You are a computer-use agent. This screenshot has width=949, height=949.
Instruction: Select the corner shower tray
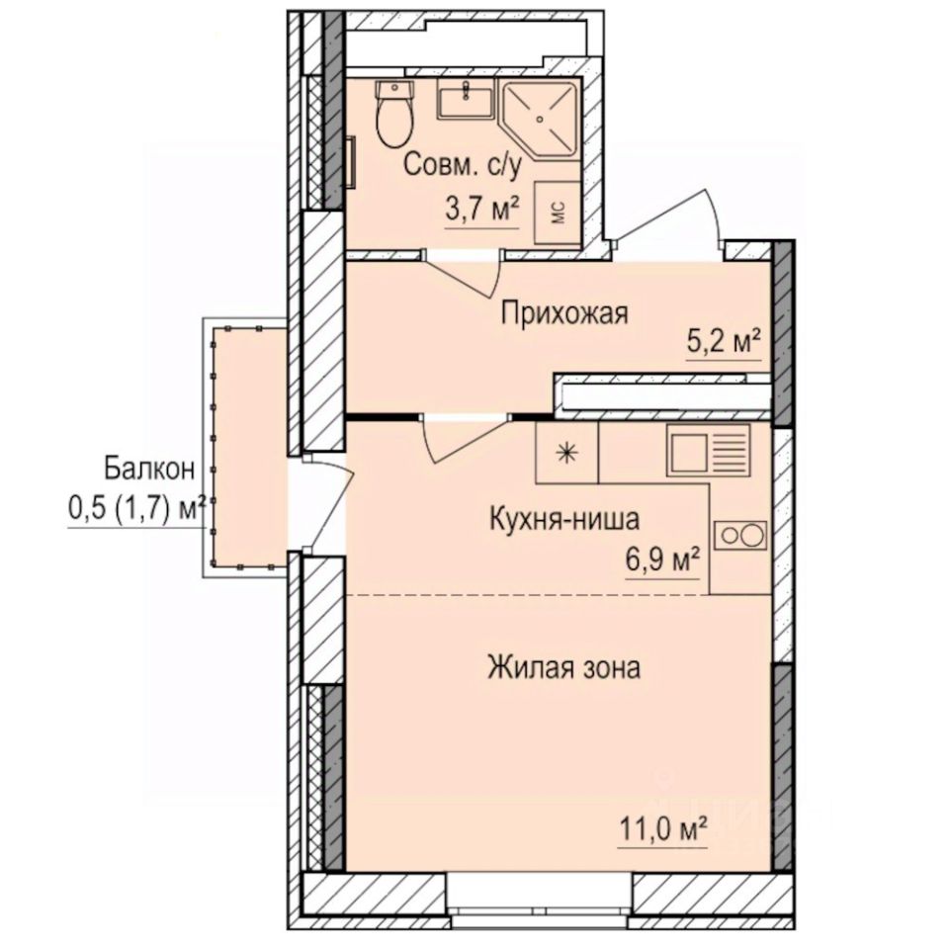click(x=540, y=119)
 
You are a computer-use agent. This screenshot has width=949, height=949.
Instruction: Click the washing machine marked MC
click(x=558, y=213)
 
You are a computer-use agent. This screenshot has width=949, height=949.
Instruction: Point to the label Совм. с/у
click(x=462, y=165)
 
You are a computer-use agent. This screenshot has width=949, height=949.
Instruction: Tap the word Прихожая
click(x=564, y=314)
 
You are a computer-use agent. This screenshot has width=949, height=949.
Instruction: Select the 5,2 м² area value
click(x=724, y=342)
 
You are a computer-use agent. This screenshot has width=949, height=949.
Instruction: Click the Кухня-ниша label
click(x=564, y=519)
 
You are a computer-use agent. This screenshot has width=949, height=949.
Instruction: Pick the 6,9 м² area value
click(x=662, y=561)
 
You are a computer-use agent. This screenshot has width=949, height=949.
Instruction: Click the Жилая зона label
click(x=564, y=668)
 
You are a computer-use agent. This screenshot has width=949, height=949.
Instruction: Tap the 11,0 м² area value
click(x=662, y=829)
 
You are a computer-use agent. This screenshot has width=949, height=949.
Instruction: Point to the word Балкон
click(x=149, y=469)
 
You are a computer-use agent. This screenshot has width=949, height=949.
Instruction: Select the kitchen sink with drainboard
click(x=709, y=450)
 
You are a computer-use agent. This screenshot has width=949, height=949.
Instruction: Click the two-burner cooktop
click(x=740, y=535)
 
